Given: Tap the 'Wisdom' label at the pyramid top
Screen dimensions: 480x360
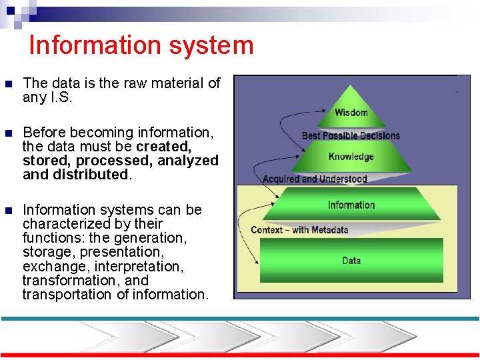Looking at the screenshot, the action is tap(351, 113).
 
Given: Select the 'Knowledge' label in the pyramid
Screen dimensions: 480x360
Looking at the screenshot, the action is tap(351, 157).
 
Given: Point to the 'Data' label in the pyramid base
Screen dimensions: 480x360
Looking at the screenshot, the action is tap(351, 261).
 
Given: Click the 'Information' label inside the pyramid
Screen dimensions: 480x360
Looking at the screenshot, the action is tap(351, 205).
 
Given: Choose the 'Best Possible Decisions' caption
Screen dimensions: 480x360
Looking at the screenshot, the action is tap(351, 136).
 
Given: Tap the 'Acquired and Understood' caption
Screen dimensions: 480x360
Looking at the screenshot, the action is tap(315, 179).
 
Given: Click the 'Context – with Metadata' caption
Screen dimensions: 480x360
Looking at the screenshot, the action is tap(299, 230).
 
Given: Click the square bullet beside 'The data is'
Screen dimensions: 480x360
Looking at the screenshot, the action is tap(8, 84).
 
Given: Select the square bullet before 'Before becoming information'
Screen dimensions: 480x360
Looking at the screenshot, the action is tap(8, 133).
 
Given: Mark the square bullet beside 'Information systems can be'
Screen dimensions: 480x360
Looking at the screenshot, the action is tap(8, 211).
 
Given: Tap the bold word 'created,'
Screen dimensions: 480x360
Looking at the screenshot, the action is tap(163, 147).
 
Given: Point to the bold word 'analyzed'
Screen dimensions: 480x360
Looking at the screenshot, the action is tap(188, 161).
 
